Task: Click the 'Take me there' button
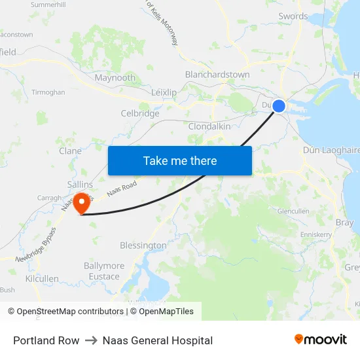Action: click(180, 160)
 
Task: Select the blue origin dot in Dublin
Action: click(279, 105)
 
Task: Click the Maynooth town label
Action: click(115, 78)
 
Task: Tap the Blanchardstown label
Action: click(217, 75)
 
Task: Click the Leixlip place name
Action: click(164, 92)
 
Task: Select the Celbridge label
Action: click(140, 113)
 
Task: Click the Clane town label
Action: click(71, 151)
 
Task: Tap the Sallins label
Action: click(80, 185)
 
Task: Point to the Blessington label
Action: click(143, 245)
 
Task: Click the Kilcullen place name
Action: click(42, 278)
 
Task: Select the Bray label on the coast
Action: click(344, 223)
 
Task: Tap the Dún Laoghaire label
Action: click(331, 150)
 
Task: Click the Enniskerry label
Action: click(317, 234)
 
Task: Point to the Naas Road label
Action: click(122, 189)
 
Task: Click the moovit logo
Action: click(321, 340)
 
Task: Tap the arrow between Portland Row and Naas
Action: click(91, 340)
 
